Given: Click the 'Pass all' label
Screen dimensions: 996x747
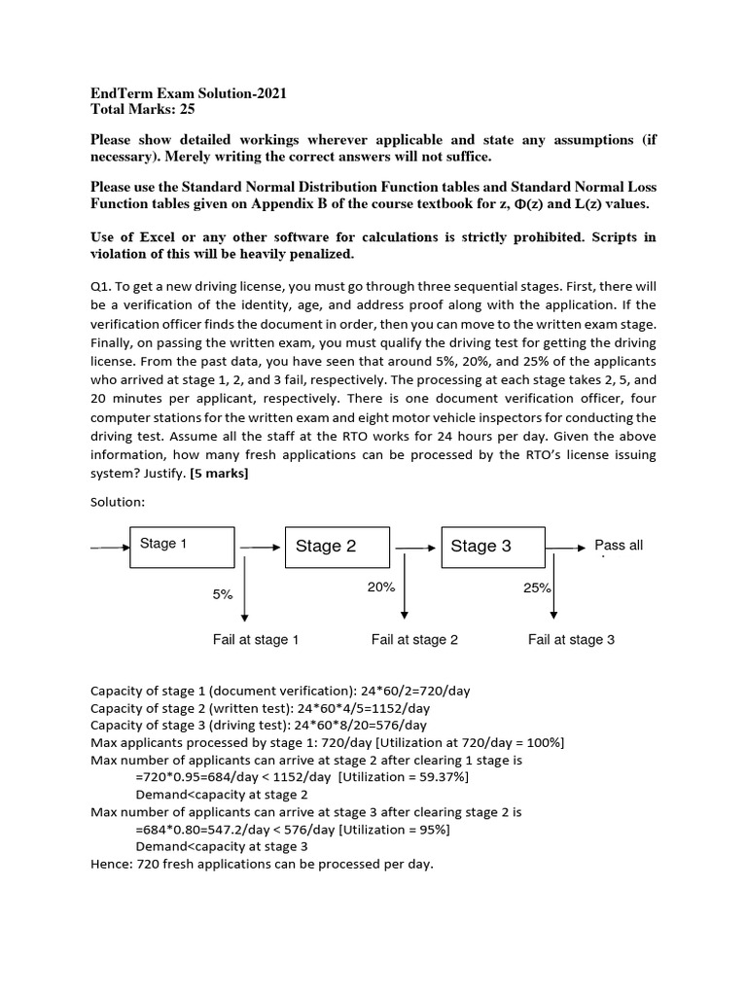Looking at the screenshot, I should coord(619,546).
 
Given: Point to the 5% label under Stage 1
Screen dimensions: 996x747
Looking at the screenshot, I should coord(223,594).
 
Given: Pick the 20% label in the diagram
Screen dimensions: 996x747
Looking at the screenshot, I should coord(380,587).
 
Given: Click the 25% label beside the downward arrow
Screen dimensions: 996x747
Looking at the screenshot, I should coord(537,587).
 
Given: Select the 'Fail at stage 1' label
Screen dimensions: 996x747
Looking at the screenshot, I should coord(256,639).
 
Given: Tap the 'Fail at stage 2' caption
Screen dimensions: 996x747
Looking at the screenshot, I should coord(414,639).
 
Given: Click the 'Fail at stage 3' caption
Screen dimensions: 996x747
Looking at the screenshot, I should coord(571,639).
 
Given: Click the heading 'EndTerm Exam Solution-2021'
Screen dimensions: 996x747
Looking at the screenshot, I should coord(189,92).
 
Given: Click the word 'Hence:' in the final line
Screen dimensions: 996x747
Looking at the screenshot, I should coord(111,864).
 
